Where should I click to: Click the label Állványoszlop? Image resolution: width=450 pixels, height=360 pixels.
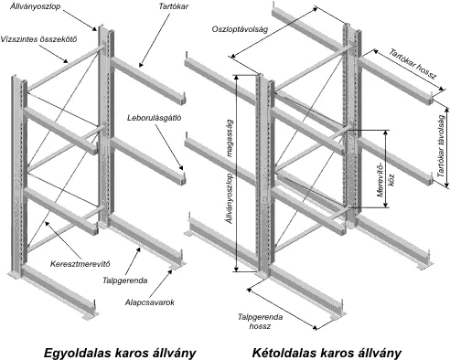point(36,6)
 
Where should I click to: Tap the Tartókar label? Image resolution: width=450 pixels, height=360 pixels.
point(174,6)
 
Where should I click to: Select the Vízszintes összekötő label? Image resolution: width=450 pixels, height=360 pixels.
point(38,39)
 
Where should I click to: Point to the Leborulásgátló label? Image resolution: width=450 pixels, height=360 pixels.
point(155,118)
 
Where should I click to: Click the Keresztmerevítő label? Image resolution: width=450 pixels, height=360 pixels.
point(80,263)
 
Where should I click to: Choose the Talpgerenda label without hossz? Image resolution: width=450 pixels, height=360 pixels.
point(125,281)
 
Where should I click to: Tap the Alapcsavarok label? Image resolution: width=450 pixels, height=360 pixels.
point(150,302)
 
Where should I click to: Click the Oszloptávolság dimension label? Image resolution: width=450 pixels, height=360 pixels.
point(240,29)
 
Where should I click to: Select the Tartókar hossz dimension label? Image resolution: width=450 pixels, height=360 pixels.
point(412,64)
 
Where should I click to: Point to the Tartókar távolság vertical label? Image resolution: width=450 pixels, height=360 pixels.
point(441,146)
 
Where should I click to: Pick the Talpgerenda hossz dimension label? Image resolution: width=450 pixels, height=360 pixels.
point(260,322)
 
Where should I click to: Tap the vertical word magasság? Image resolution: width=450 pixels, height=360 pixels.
point(230,138)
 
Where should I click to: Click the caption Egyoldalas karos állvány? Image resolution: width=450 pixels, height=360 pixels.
point(120,353)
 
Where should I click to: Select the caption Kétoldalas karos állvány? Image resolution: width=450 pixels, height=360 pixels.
point(327,353)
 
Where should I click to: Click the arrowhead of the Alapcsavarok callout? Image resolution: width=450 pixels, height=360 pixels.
point(171,270)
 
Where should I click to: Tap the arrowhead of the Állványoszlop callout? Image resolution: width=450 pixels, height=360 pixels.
point(94,29)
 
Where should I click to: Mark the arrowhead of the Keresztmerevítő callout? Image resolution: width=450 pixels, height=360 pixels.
point(47,223)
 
